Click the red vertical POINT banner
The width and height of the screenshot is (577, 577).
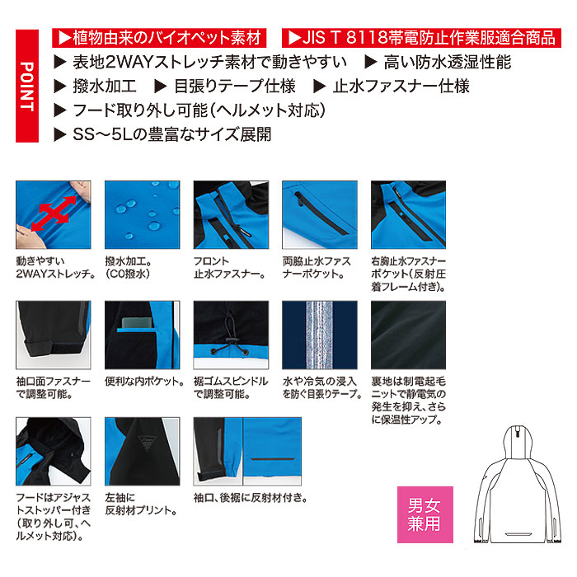(x=27, y=86)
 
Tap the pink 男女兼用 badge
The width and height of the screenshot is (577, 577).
(x=425, y=514)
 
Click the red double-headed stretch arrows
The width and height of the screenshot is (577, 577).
(x=54, y=213)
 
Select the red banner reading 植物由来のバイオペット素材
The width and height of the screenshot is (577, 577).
(x=159, y=38)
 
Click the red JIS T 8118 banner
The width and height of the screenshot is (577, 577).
(x=421, y=38)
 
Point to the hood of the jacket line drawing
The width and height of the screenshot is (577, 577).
(x=518, y=442)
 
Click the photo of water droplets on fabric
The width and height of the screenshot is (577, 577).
(x=142, y=215)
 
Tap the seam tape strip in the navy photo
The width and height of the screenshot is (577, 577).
(x=320, y=335)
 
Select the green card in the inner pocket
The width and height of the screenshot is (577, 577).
(x=137, y=322)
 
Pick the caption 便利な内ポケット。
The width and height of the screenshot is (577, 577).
(x=144, y=382)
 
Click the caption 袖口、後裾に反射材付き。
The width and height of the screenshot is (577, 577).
(x=251, y=498)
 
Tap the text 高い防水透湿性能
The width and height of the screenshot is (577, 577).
(x=447, y=62)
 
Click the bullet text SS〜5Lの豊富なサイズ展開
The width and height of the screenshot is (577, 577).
(x=171, y=134)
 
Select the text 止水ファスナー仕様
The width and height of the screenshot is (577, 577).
(x=401, y=86)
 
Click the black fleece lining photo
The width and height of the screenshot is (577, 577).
(x=408, y=335)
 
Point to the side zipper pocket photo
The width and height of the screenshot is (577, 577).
(x=320, y=215)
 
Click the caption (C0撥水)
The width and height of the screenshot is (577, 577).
(x=128, y=274)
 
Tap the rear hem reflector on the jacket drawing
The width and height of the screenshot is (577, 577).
(x=518, y=533)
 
